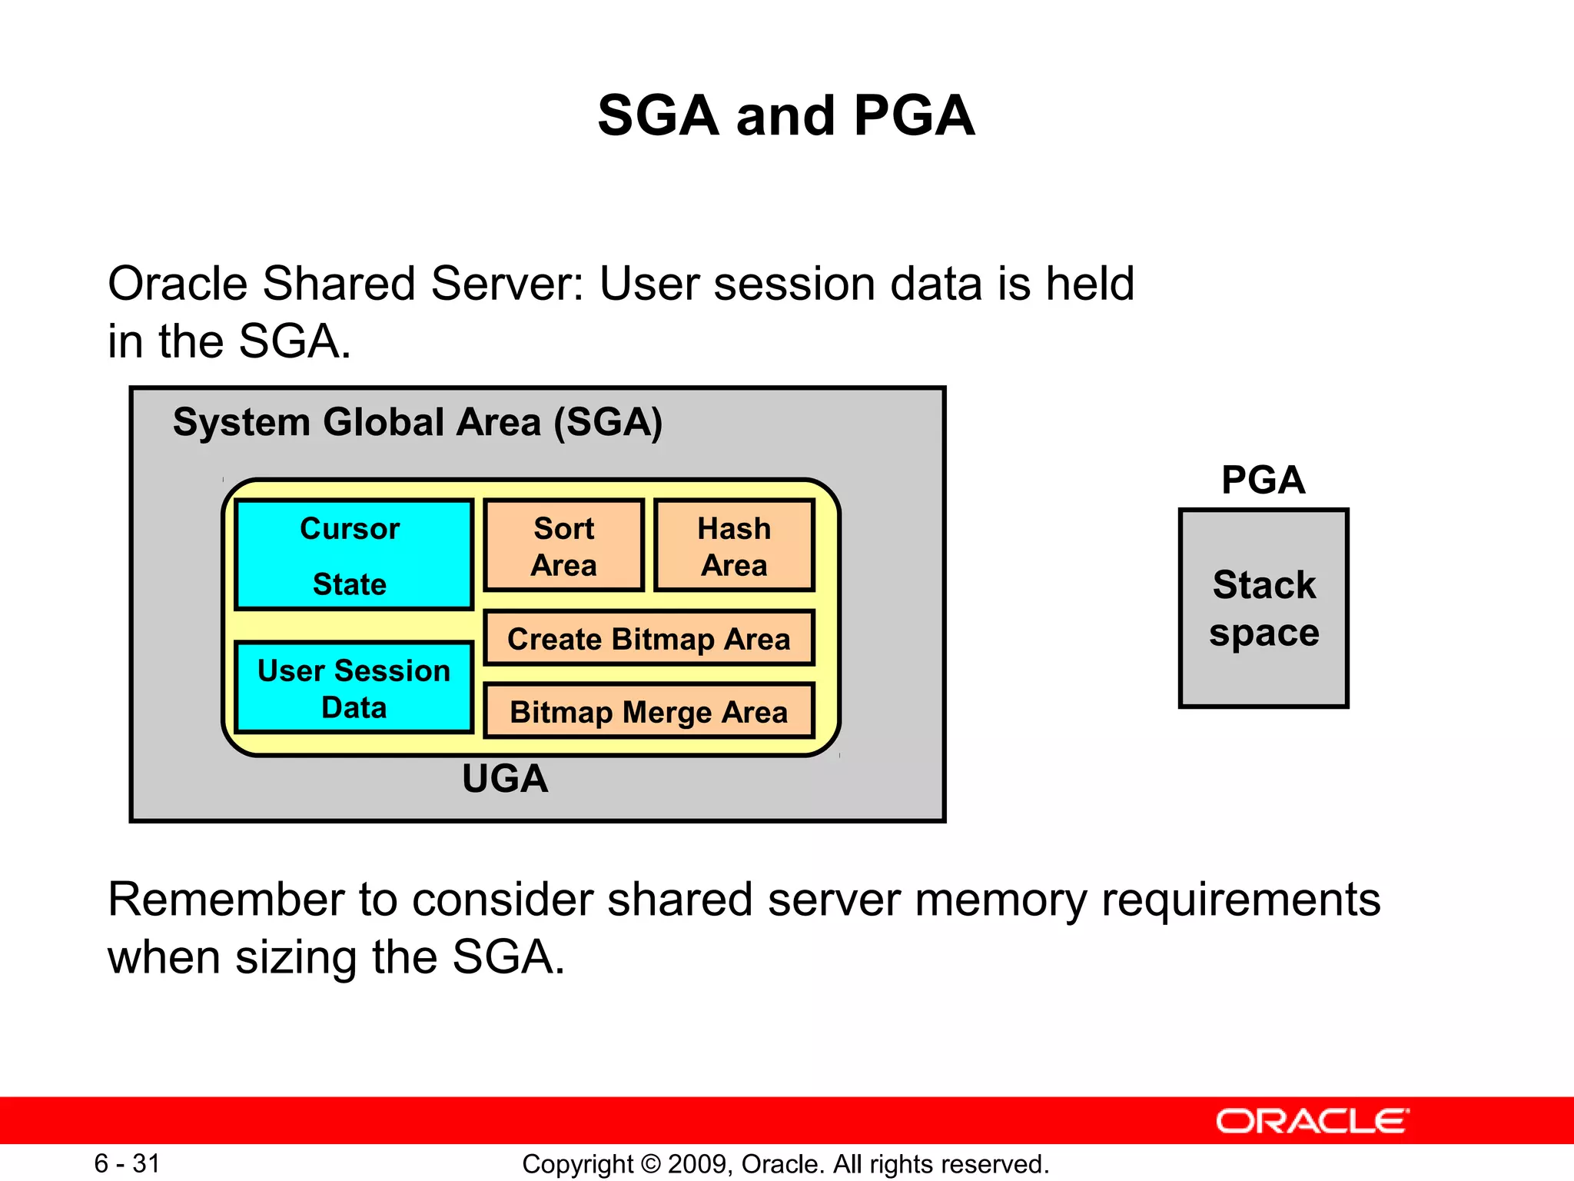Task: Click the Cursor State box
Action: coord(354,555)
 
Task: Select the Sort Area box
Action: coord(563,546)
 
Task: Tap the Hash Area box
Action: coord(734,546)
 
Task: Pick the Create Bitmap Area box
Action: coord(649,639)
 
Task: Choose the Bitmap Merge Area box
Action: coord(649,711)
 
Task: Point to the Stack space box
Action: coord(1264,608)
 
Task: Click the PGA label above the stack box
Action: coord(1263,481)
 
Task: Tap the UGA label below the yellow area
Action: coord(505,779)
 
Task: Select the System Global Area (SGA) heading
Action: coord(417,422)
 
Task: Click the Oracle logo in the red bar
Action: coord(1312,1122)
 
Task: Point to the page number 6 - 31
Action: coord(127,1163)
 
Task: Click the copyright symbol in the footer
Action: coord(650,1164)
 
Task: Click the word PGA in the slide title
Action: coord(914,116)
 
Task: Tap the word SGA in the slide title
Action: coord(658,116)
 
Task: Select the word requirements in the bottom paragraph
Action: coord(1240,900)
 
